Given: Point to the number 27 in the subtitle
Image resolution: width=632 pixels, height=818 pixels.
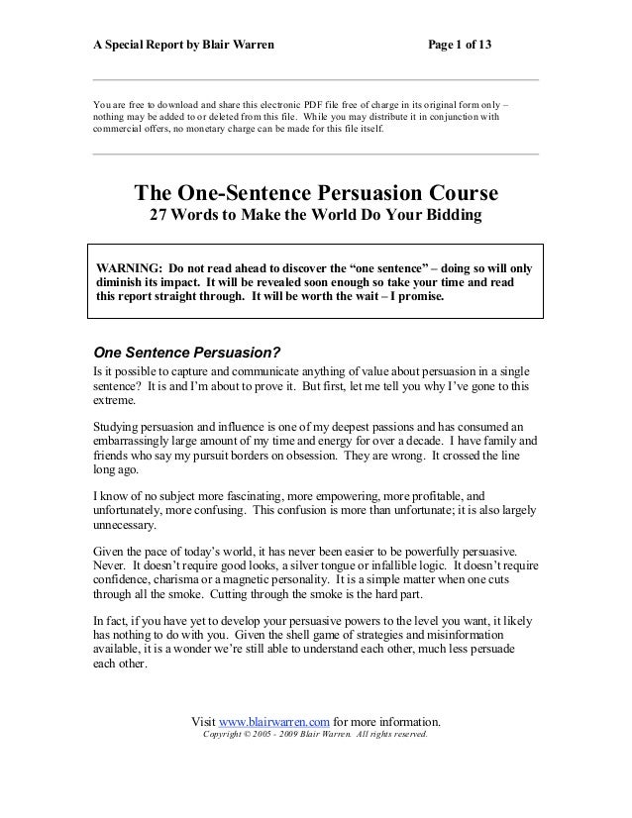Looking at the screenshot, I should (159, 216).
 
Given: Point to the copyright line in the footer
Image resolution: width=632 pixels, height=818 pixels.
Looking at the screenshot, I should (314, 735).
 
